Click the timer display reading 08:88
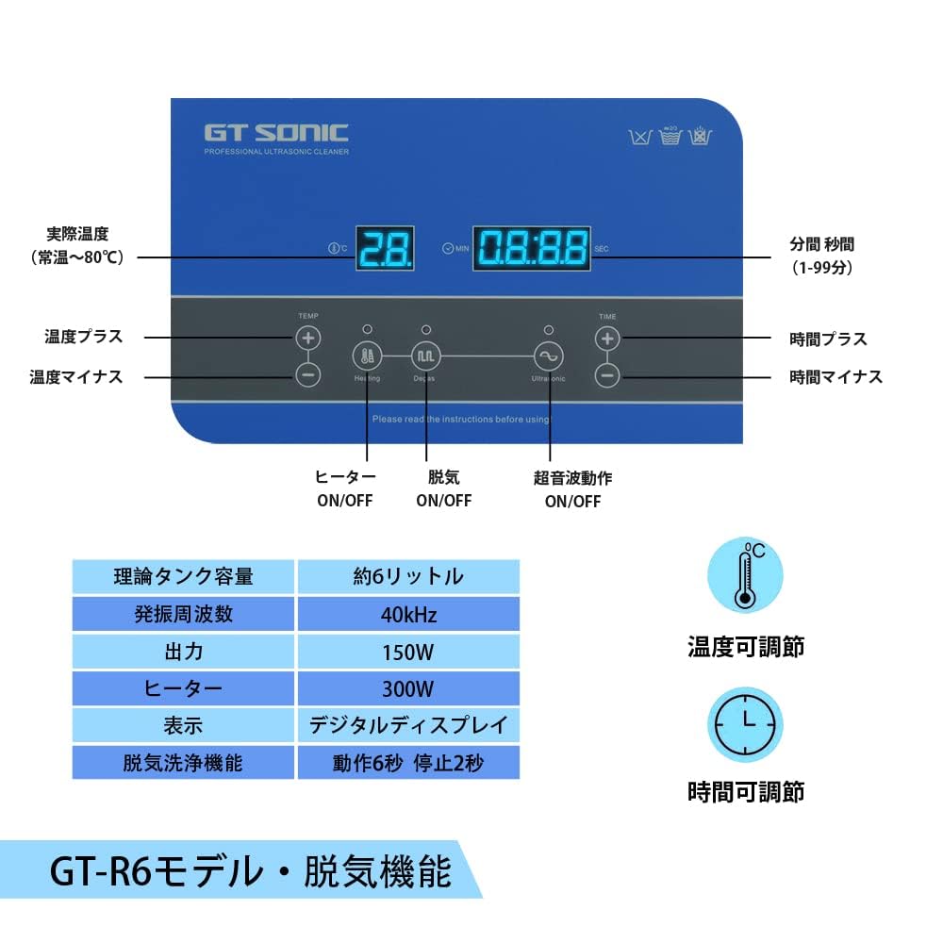pos(532,249)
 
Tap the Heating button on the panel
pos(367,356)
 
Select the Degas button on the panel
pos(425,356)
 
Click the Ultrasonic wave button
pos(548,356)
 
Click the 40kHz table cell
pos(408,615)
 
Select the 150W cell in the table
pos(408,652)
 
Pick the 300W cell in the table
pos(408,688)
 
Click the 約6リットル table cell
pos(408,577)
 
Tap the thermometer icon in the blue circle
pos(745,574)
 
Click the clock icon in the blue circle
pos(745,724)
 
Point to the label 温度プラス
pos(84,337)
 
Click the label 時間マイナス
pos(835,376)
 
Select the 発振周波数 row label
pos(184,615)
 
